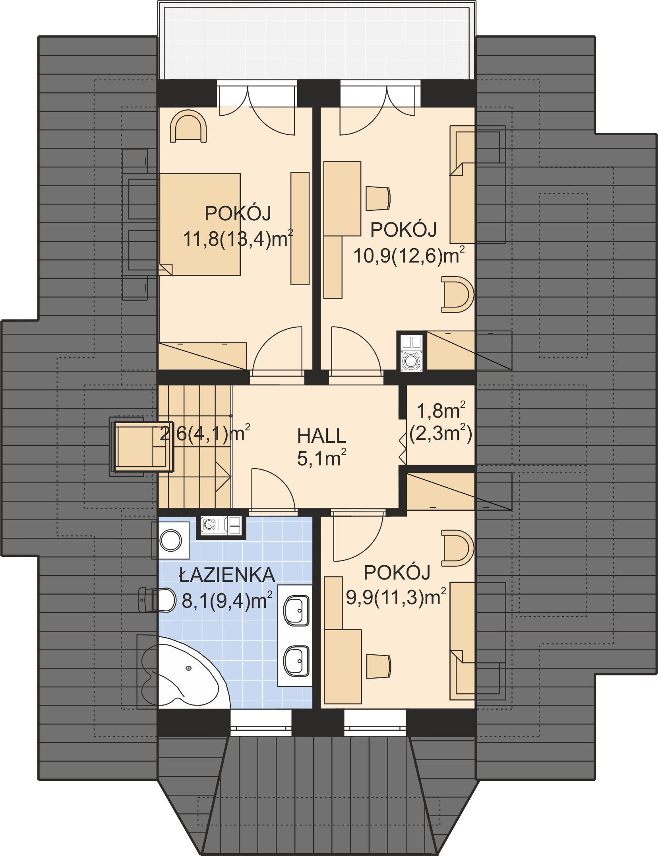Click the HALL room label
point(321,436)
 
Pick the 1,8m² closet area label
point(441,410)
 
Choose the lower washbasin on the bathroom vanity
point(296,661)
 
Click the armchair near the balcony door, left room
point(188,126)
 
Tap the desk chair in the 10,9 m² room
point(377,198)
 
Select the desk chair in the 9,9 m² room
point(378,666)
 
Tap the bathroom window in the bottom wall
point(261,723)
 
